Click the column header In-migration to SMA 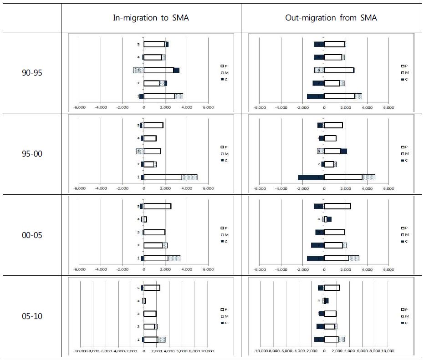coord(151,18)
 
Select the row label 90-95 coord(32,73)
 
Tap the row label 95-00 coord(32,154)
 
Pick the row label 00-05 coord(32,235)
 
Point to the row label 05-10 coord(32,316)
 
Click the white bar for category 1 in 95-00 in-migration coord(163,177)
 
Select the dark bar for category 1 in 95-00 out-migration coord(311,177)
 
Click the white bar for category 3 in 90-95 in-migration coord(158,70)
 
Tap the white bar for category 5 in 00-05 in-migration coord(157,206)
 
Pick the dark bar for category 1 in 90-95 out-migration coord(315,96)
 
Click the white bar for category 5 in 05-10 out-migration coord(332,288)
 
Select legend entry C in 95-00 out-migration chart coord(403,160)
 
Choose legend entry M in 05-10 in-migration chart coord(223,316)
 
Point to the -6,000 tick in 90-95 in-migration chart coord(79,107)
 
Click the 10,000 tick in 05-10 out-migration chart coord(388,351)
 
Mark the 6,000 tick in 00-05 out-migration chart coord(388,269)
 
